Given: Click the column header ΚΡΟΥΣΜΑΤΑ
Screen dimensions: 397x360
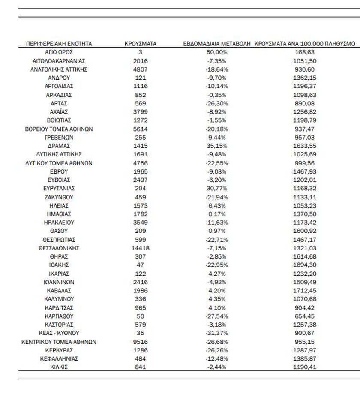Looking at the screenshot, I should coord(140,44).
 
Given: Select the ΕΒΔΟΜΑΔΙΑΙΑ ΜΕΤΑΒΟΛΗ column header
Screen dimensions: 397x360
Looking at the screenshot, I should coord(217,44).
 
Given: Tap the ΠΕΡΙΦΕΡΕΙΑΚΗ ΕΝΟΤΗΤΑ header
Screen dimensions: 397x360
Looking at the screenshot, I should coord(59,44).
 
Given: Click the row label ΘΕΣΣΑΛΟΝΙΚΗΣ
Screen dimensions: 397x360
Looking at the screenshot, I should coord(59,248).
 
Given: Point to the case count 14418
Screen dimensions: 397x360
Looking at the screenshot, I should coord(140,248).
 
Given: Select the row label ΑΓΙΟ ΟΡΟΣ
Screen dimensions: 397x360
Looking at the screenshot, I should coord(59,52).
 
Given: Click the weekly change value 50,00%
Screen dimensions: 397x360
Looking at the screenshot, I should coord(217,52).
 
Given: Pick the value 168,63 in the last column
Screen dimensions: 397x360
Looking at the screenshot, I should coord(305,52).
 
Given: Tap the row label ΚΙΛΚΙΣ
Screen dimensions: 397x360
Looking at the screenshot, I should coord(59,367).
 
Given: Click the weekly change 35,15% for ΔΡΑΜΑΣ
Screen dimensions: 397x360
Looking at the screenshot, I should coord(217,146).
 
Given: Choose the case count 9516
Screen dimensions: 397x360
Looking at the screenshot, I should coord(140,342).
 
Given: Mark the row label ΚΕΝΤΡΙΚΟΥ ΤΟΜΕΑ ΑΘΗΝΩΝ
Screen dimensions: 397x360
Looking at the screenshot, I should coord(59,342).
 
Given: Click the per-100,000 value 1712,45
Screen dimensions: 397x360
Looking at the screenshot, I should coord(305,290).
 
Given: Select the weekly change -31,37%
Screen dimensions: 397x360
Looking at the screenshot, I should coord(217,333).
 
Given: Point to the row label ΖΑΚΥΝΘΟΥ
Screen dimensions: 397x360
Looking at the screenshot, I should coord(59,197).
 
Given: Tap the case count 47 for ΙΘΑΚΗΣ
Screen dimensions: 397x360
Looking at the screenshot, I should coord(140,265).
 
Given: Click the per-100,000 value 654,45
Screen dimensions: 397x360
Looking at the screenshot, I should coord(305,316).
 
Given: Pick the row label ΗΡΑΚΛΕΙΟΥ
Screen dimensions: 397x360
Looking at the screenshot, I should coord(59,223).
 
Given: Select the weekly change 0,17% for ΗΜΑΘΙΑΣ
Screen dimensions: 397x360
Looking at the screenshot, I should coord(217,214).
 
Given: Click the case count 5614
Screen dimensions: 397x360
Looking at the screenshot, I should coord(140,129).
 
